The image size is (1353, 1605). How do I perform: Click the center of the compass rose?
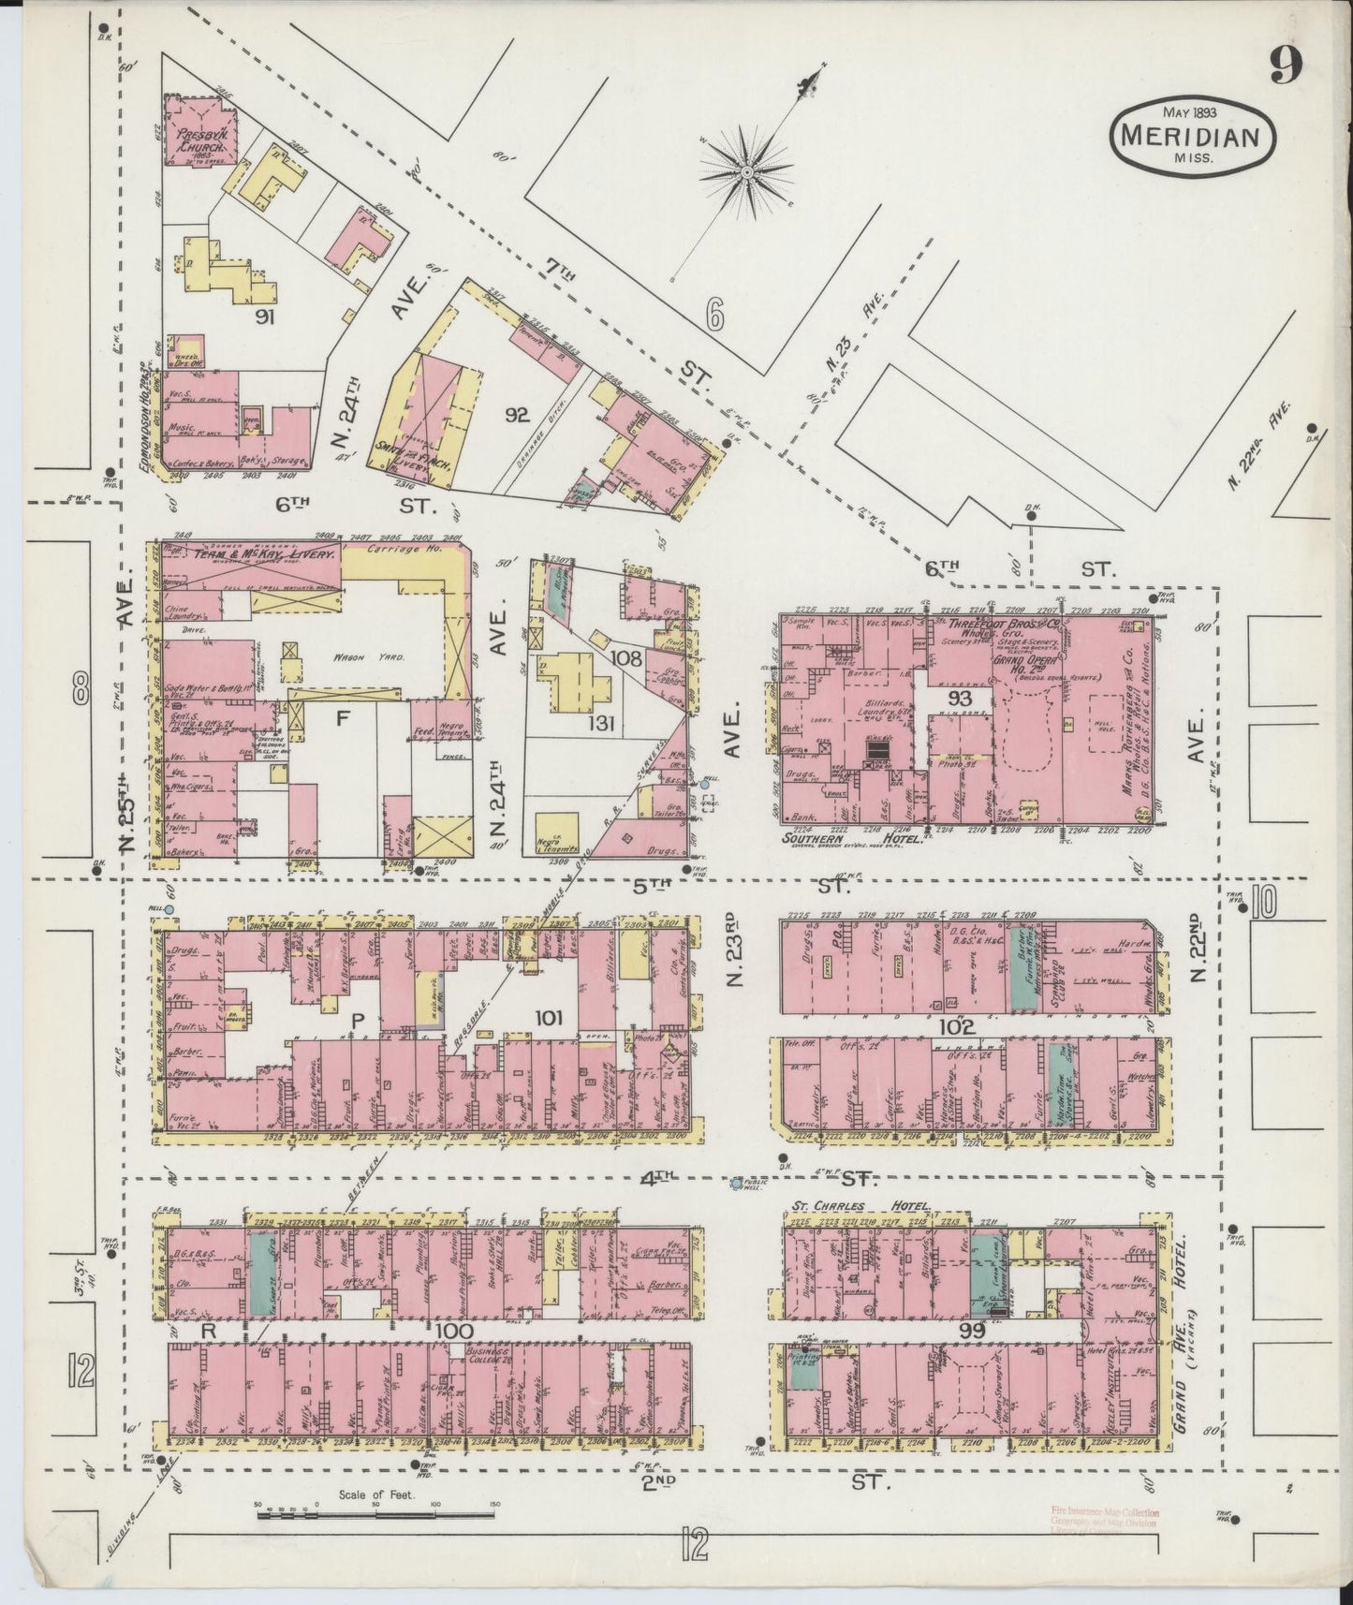tap(747, 173)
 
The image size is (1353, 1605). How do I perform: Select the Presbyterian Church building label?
tap(199, 141)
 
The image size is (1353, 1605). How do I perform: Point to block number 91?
tap(265, 317)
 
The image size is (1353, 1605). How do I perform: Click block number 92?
tap(517, 415)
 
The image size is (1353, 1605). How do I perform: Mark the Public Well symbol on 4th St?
tap(737, 1184)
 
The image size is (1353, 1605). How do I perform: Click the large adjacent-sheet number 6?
tap(715, 318)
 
